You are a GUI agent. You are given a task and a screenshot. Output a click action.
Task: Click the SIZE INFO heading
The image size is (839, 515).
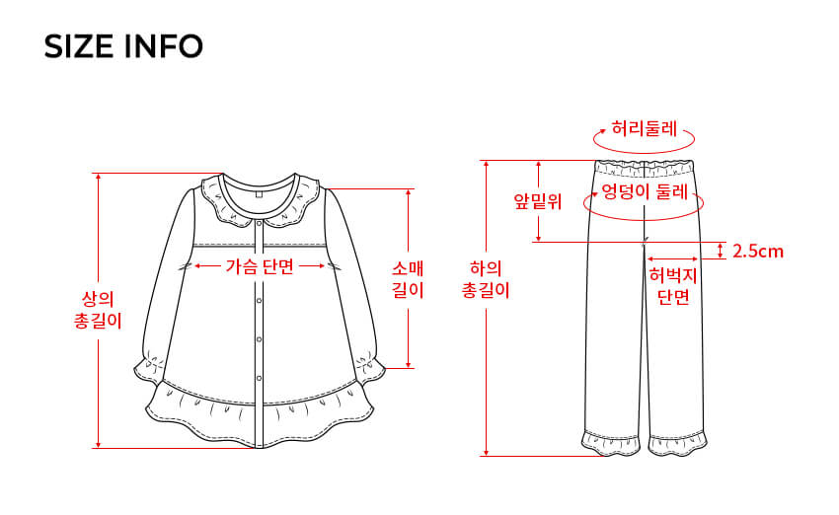123,46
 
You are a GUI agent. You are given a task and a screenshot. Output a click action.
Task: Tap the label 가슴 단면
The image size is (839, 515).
260,265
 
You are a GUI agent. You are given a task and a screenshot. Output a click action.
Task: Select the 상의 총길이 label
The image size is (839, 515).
99,309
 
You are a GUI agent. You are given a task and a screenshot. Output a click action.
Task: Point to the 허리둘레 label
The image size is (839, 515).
645,128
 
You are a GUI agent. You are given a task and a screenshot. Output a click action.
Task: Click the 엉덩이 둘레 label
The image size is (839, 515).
644,191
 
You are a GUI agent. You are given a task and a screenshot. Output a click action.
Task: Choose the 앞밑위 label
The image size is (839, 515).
537,202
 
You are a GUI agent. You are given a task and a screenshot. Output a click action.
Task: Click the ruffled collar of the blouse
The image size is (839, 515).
259,202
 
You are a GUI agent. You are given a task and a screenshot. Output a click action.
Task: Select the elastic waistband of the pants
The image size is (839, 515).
644,162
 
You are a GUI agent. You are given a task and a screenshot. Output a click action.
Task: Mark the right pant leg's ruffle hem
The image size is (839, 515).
679,443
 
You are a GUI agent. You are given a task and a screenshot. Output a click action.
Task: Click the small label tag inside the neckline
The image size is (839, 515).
260,193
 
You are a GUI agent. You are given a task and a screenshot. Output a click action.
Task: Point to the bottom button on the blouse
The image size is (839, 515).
259,378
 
